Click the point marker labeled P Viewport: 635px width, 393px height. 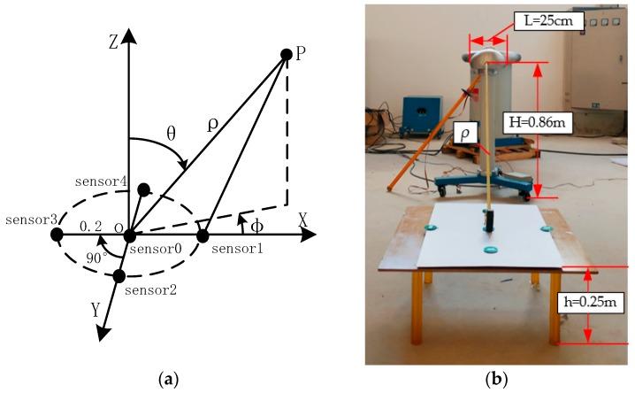pyautogui.click(x=286, y=55)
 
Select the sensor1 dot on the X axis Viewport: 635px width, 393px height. pyautogui.click(x=203, y=235)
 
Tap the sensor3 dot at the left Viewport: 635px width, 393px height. pyautogui.click(x=57, y=235)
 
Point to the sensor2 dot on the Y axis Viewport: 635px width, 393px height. pyautogui.click(x=119, y=276)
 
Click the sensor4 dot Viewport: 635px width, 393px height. pyautogui.click(x=143, y=189)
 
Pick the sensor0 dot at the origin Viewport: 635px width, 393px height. pyautogui.click(x=130, y=235)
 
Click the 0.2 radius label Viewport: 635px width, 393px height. pyautogui.click(x=90, y=227)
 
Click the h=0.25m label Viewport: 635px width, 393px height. pyautogui.click(x=591, y=303)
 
